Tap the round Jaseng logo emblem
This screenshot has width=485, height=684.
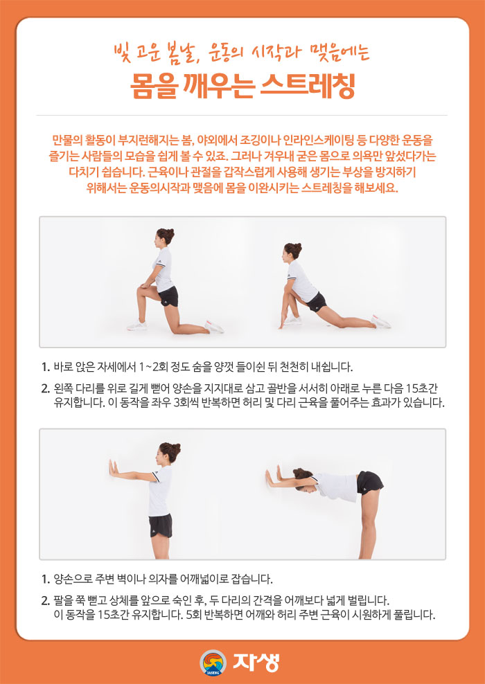[213, 662]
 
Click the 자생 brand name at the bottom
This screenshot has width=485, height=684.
[256, 662]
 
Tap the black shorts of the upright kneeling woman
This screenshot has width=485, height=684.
[168, 296]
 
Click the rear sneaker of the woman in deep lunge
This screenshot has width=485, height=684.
[381, 321]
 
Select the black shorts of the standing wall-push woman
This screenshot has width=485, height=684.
[161, 526]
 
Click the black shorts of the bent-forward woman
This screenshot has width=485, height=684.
[369, 483]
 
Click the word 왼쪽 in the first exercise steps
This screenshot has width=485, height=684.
[62, 388]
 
